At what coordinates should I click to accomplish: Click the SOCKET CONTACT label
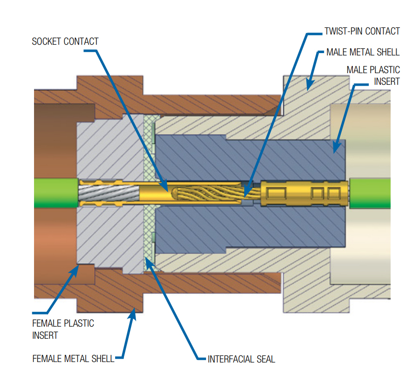coord(65,41)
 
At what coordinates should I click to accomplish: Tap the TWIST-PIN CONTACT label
coord(362,31)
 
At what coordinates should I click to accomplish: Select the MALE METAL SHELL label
coord(363,52)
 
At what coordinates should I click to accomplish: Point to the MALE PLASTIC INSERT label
coord(373,75)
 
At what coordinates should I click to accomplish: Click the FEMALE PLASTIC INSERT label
coord(63,329)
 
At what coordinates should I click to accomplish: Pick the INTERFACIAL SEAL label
coord(241,359)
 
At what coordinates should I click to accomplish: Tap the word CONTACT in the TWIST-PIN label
coord(382,31)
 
